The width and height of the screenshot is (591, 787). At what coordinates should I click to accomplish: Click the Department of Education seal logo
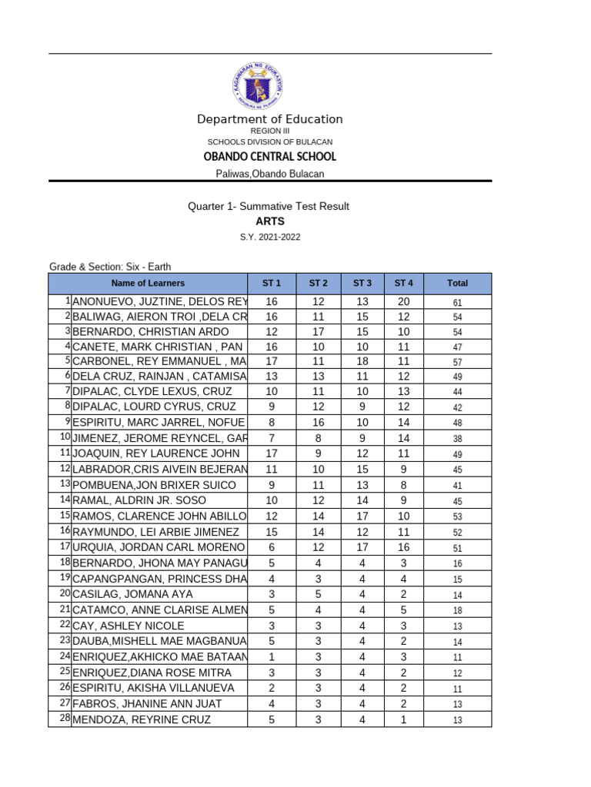[x=259, y=83]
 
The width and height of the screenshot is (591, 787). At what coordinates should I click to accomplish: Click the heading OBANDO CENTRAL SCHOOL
[x=269, y=157]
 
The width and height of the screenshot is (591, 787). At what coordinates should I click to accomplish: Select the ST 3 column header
[x=362, y=283]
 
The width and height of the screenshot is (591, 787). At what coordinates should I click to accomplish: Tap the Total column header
[x=457, y=283]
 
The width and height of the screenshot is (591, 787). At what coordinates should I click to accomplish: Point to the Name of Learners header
[x=148, y=283]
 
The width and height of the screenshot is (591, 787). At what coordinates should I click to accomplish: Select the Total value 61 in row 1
[x=457, y=303]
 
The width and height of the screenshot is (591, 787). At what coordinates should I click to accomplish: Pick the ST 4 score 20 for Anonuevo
[x=404, y=302]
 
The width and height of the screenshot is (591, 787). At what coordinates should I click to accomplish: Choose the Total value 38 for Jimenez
[x=457, y=439]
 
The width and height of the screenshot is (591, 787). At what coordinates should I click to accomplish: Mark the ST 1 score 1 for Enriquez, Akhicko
[x=271, y=656]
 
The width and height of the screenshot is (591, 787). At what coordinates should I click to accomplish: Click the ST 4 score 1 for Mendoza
[x=404, y=719]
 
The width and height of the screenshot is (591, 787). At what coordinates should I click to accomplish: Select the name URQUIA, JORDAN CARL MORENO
[x=159, y=547]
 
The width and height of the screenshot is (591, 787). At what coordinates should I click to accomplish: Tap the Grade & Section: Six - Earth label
[x=110, y=267]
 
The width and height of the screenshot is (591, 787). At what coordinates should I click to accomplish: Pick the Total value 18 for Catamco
[x=457, y=610]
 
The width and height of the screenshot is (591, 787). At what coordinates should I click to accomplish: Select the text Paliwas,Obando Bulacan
[x=269, y=174]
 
